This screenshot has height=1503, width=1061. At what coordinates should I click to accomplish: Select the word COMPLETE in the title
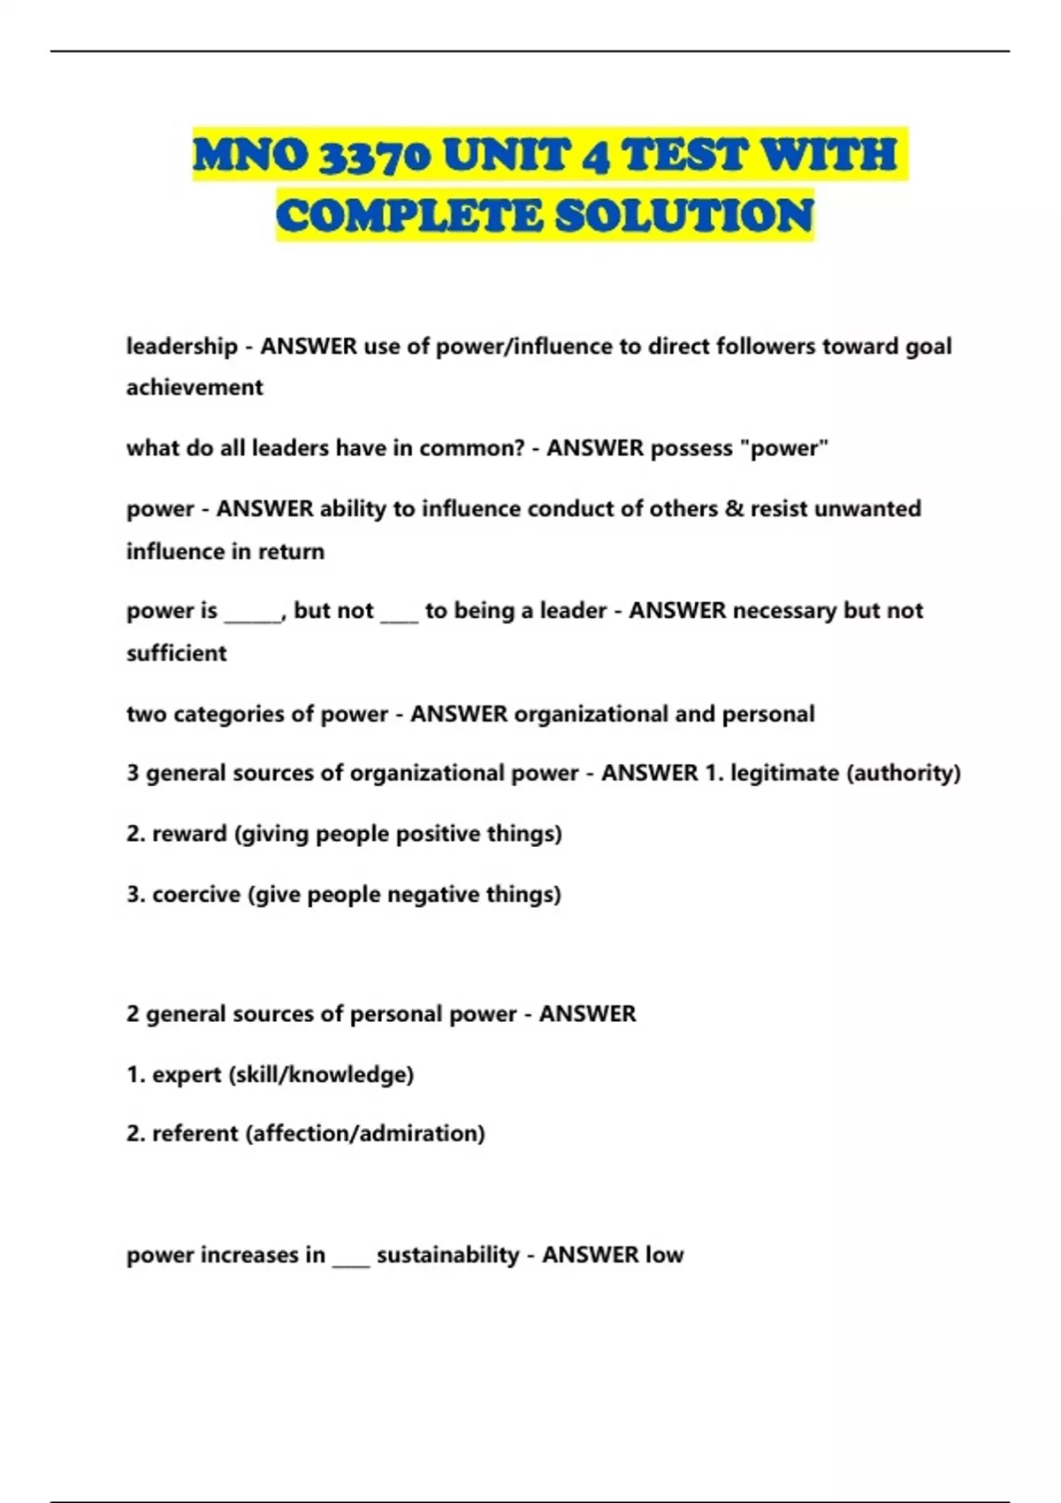click(x=408, y=217)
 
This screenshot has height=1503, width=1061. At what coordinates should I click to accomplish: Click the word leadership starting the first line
click(x=182, y=346)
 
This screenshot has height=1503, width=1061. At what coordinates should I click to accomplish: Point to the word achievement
click(x=195, y=387)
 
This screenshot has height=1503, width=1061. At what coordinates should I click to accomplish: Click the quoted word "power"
click(x=789, y=448)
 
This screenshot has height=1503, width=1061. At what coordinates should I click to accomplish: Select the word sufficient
click(x=177, y=653)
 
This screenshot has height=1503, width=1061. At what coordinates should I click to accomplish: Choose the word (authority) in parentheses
click(x=904, y=773)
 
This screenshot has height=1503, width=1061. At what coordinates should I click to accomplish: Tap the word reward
click(x=189, y=834)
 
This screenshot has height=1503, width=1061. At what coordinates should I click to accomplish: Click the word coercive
click(x=196, y=895)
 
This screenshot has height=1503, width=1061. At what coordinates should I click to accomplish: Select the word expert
click(x=187, y=1075)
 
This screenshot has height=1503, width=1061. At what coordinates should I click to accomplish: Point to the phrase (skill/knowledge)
click(x=321, y=1075)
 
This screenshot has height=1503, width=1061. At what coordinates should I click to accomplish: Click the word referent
click(x=195, y=1133)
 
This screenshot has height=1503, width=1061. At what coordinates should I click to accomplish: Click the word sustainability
click(x=447, y=1255)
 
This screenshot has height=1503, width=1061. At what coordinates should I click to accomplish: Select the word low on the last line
click(x=664, y=1255)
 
